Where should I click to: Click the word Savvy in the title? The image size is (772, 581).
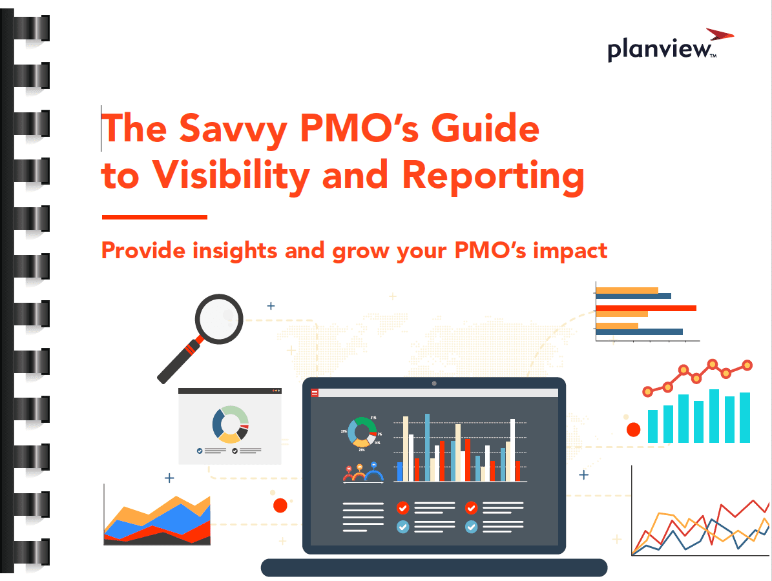(x=233, y=129)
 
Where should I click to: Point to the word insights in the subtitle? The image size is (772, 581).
(x=235, y=250)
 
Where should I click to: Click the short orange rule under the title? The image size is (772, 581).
(x=154, y=217)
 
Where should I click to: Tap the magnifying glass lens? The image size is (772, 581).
(x=219, y=319)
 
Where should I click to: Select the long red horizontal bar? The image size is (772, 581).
(x=646, y=309)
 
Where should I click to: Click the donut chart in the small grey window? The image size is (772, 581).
(x=231, y=425)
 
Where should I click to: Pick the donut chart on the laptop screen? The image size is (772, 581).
(x=362, y=432)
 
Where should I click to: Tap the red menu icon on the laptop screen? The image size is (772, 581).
(x=315, y=393)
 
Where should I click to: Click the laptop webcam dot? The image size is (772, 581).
(x=433, y=383)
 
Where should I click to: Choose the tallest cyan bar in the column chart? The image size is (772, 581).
(x=714, y=416)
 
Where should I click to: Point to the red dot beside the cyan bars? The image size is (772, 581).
(x=633, y=429)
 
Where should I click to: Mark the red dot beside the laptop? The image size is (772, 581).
(x=280, y=505)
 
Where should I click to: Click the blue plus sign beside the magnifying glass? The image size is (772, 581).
(x=271, y=306)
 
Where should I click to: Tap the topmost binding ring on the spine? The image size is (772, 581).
(x=32, y=28)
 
